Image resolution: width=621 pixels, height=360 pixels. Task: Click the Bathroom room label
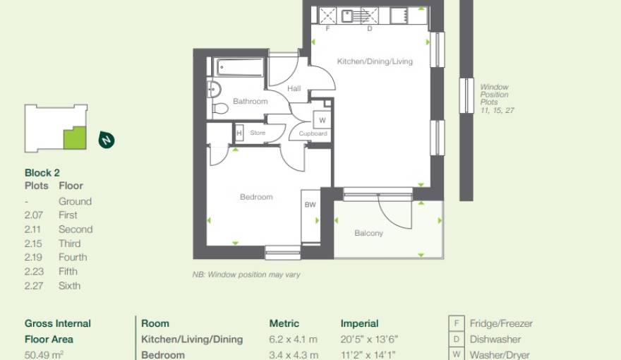[251, 102]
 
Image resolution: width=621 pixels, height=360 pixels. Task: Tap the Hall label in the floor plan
[294, 89]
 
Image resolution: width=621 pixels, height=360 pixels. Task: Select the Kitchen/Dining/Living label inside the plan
[374, 62]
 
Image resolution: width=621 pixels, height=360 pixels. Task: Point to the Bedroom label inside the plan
[256, 197]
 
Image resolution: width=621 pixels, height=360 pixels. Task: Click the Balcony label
[368, 233]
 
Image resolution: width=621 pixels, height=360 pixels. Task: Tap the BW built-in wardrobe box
[310, 205]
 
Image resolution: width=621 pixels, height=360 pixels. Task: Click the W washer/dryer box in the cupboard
[322, 121]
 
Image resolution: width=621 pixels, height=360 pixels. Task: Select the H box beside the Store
[239, 132]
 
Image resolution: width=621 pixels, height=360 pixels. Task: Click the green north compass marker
[106, 140]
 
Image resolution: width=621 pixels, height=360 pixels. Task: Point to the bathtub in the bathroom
[239, 68]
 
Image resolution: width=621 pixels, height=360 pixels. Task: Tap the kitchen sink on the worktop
[346, 15]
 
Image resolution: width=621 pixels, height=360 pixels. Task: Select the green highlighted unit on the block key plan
[74, 138]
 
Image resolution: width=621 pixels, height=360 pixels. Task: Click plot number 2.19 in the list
[36, 258]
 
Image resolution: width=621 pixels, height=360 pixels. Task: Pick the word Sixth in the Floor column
[69, 286]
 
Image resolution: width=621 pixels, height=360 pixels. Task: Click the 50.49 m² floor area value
[44, 354]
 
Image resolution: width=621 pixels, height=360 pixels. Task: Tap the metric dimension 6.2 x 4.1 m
[293, 340]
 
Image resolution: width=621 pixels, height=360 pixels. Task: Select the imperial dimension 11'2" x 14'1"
[368, 355]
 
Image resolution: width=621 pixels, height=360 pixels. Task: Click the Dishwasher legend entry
[495, 340]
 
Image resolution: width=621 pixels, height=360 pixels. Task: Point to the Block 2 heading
[42, 172]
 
